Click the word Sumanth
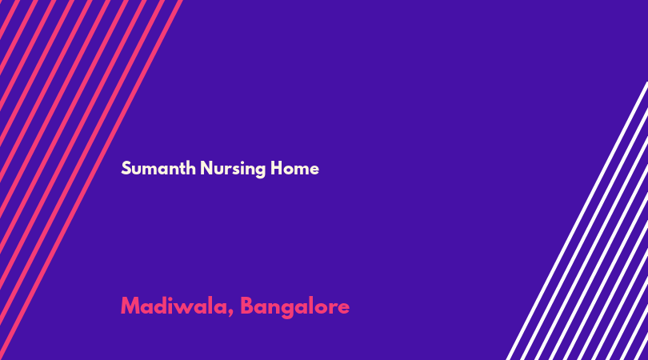[x=158, y=168]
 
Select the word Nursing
[x=233, y=169]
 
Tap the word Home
[x=294, y=168]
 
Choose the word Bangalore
[x=295, y=307]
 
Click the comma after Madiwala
[x=230, y=314]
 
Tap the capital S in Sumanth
[x=126, y=168]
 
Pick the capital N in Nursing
[x=206, y=168]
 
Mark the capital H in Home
[x=277, y=168]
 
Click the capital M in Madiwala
[x=130, y=306]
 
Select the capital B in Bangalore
[x=247, y=306]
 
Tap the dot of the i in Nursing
[x=238, y=162]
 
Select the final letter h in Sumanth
[x=191, y=168]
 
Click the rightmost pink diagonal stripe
[x=90, y=180]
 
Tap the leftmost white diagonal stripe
[x=577, y=221]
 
